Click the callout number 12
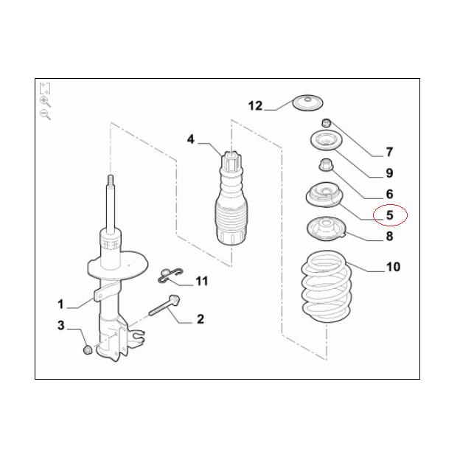(255, 105)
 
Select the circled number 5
(389, 215)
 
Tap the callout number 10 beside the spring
(393, 267)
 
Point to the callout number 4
(191, 139)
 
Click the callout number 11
(201, 281)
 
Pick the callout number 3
(60, 325)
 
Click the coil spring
(327, 286)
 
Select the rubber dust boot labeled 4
(231, 198)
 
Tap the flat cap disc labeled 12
(307, 103)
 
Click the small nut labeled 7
(327, 122)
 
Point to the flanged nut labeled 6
(326, 165)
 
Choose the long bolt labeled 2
(164, 305)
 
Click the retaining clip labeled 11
(170, 276)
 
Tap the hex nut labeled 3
(88, 349)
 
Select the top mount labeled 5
(325, 195)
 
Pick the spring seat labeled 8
(327, 229)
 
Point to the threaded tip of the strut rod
(111, 180)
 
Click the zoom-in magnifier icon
(45, 102)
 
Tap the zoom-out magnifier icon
(45, 114)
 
